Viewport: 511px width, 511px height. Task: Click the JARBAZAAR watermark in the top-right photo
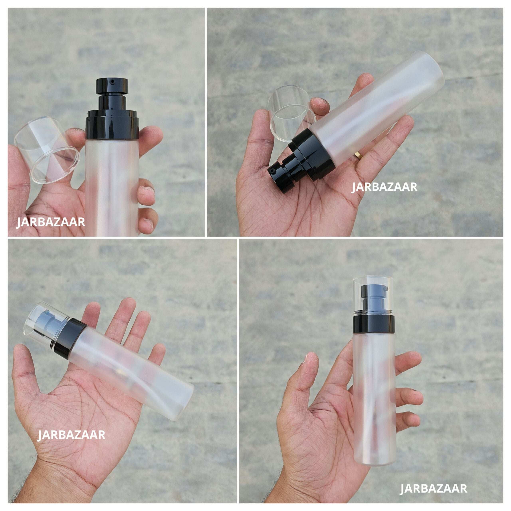(384, 187)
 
